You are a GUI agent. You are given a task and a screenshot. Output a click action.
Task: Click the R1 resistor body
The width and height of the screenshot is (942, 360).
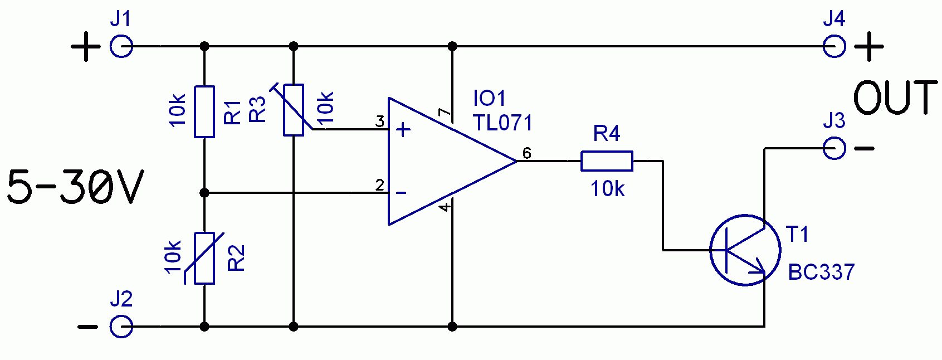(x=204, y=112)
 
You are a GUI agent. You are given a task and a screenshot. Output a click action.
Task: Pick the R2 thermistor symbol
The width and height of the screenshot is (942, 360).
(x=204, y=258)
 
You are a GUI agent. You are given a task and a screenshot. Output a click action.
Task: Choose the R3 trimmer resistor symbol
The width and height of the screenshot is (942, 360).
(x=293, y=110)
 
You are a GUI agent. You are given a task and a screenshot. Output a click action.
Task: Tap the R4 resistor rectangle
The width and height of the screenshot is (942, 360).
(x=607, y=161)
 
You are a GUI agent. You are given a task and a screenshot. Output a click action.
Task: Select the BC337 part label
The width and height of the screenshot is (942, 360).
(x=821, y=272)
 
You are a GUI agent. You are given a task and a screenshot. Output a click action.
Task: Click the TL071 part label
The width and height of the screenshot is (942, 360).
(x=502, y=123)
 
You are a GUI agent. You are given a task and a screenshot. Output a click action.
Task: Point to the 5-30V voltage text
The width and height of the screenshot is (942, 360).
(x=76, y=187)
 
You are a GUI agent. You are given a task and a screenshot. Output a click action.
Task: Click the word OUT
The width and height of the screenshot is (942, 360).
(x=896, y=98)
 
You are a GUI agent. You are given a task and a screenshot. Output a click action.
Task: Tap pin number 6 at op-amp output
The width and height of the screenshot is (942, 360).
(x=527, y=153)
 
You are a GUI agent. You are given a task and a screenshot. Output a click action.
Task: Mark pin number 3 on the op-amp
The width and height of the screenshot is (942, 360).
(x=380, y=121)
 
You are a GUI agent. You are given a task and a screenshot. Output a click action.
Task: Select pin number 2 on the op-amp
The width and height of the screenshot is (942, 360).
(x=380, y=185)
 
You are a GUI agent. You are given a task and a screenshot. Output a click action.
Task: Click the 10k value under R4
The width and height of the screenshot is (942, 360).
(x=607, y=189)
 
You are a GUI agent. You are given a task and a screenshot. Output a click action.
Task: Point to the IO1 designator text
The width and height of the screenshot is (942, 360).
(x=489, y=99)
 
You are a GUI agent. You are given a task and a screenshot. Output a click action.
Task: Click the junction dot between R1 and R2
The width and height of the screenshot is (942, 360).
(x=204, y=193)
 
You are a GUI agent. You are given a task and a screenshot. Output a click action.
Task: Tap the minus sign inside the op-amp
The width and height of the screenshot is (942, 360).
(x=402, y=193)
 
